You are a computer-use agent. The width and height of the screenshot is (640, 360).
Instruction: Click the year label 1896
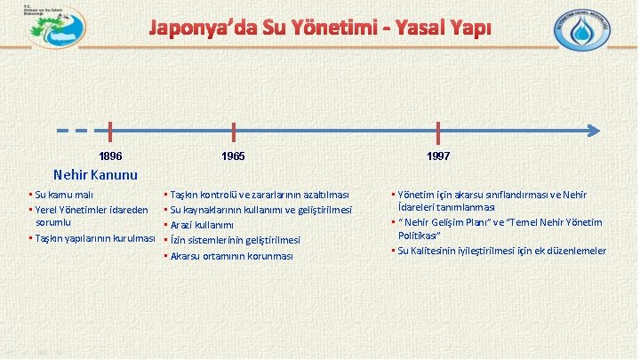pyautogui.click(x=110, y=156)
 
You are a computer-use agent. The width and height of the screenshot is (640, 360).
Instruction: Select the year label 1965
pyautogui.click(x=234, y=156)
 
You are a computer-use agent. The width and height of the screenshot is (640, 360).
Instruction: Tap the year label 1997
pyautogui.click(x=438, y=156)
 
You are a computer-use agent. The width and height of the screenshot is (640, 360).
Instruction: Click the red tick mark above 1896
pyautogui.click(x=110, y=132)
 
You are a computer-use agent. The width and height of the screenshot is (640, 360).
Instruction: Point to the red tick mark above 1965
pyautogui.click(x=233, y=132)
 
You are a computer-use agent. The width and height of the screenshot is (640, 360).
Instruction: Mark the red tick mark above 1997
pyautogui.click(x=438, y=132)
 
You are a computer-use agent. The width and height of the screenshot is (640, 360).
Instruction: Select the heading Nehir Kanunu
pyautogui.click(x=95, y=173)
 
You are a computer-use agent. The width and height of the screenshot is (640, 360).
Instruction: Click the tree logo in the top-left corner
pyautogui.click(x=55, y=30)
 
